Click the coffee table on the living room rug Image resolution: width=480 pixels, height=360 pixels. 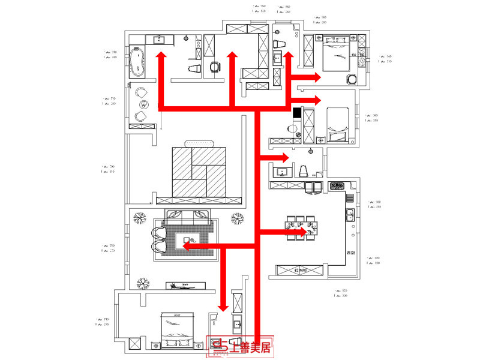[x=187, y=242]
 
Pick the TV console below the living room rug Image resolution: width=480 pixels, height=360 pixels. [x=187, y=285]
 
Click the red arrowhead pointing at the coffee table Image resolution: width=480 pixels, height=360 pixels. [x=187, y=246]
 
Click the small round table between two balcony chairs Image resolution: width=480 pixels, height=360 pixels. [x=142, y=104]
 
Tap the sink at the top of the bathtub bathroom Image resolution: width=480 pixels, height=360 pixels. [x=160, y=40]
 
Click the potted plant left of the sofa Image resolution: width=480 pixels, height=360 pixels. [x=140, y=218]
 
